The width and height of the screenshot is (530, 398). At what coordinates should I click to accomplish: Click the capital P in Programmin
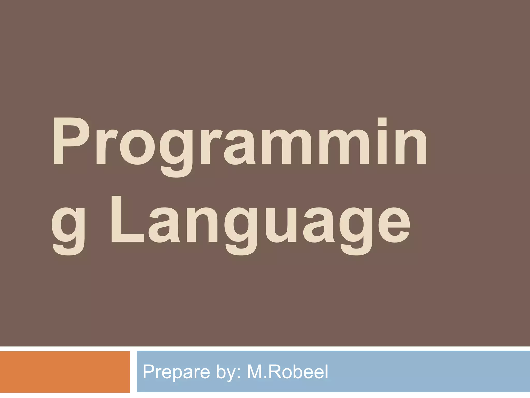point(70,141)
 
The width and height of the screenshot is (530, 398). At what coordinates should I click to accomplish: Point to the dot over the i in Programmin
point(382,122)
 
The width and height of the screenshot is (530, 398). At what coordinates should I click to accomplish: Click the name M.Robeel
point(288,372)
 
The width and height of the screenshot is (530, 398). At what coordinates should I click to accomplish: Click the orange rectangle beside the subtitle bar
point(65,372)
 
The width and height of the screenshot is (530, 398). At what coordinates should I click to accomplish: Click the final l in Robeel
point(326,372)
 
